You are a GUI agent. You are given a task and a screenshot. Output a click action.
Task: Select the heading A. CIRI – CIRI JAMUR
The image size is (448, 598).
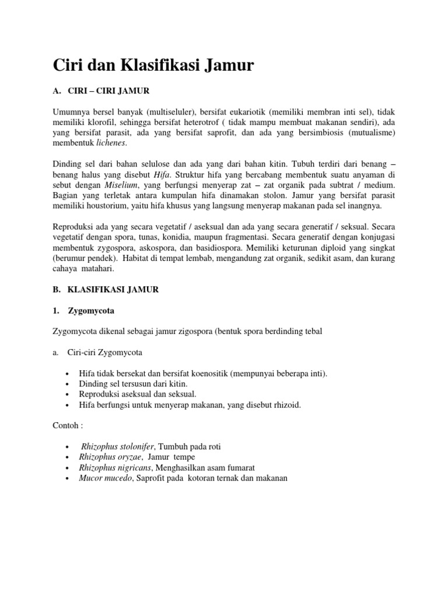pos(101,91)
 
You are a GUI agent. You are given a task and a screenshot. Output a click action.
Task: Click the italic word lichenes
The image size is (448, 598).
pos(108,143)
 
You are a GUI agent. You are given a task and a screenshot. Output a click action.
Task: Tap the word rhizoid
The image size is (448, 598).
pos(286,405)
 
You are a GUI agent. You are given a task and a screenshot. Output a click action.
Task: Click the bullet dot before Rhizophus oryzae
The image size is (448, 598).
pos(69,457)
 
